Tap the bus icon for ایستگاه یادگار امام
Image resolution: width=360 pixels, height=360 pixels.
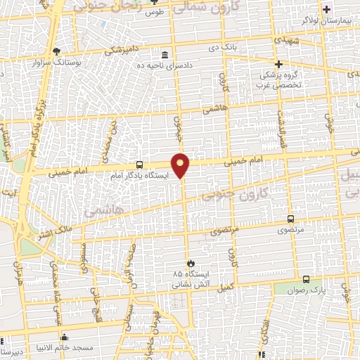pyautogui.click(x=139, y=165)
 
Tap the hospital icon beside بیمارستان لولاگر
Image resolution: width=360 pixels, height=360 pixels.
pyautogui.click(x=326, y=9)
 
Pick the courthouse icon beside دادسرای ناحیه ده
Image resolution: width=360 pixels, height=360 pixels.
pyautogui.click(x=165, y=56)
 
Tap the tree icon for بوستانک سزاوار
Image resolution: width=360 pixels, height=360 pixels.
pyautogui.click(x=56, y=51)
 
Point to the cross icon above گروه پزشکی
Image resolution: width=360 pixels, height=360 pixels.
pyautogui.click(x=279, y=64)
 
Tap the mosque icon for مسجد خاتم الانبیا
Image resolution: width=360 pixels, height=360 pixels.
pyautogui.click(x=64, y=336)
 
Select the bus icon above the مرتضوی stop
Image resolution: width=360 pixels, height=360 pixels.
pyautogui.click(x=291, y=219)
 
